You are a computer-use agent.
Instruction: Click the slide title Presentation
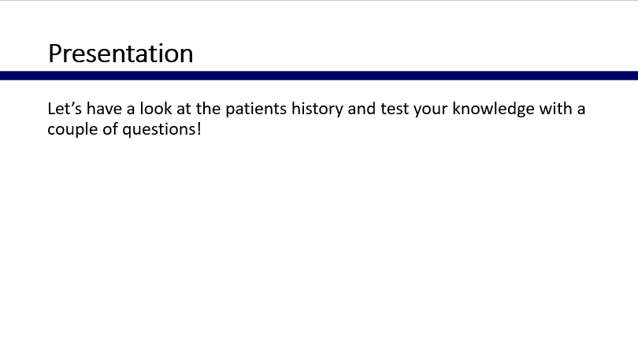121,54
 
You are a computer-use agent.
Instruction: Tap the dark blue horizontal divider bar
319,76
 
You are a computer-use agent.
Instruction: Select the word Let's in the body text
65,109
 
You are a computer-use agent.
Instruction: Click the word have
104,109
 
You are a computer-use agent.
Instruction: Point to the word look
156,109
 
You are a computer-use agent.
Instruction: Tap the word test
395,109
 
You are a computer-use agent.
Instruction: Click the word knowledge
494,109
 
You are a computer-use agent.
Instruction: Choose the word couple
72,130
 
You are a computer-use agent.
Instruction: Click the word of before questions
109,129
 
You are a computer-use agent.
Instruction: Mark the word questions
159,130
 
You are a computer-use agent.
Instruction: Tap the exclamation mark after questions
199,129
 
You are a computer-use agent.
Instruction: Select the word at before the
184,109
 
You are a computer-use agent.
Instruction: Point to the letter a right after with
581,110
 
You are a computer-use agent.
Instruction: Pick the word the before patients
208,109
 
